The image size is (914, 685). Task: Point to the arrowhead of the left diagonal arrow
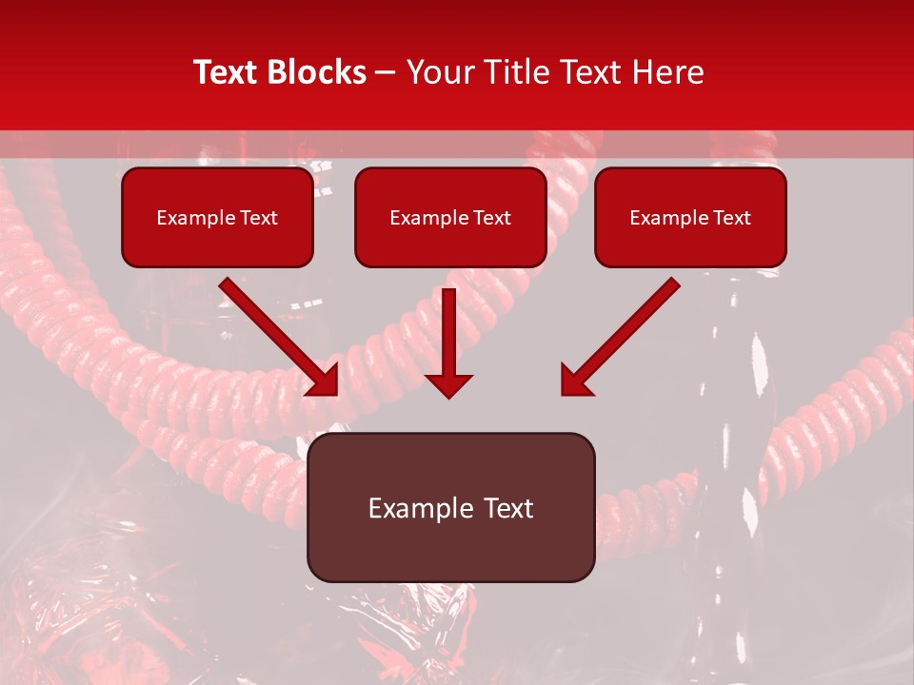point(325,382)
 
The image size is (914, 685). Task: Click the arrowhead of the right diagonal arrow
point(574,381)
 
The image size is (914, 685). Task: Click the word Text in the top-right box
point(731,218)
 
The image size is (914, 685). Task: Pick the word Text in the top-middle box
point(491,218)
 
